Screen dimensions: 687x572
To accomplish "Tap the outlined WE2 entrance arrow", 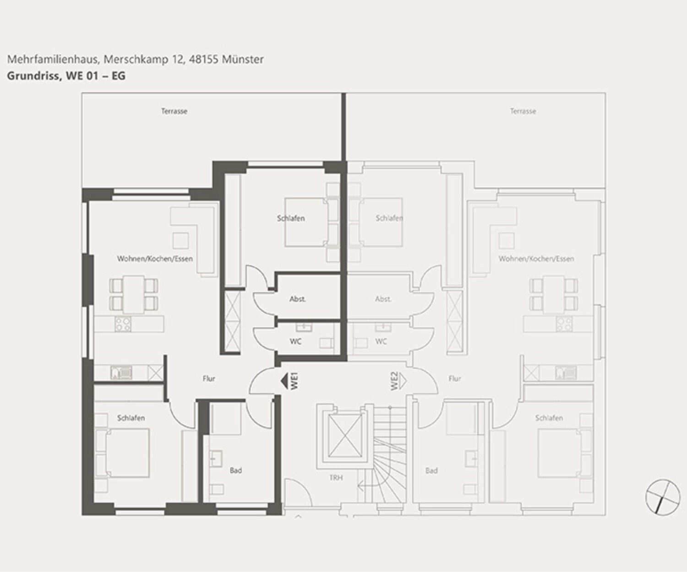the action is point(403,381).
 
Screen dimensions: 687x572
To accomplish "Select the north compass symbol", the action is point(662,496).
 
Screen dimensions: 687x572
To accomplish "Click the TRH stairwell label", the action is point(336,477).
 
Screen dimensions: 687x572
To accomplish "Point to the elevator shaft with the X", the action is point(345,436).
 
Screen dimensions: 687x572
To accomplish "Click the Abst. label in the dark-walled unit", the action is point(297,299).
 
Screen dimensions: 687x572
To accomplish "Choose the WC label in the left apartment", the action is point(295,341).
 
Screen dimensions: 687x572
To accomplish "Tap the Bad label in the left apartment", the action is point(236,470).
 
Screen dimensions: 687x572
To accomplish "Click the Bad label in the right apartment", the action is point(431,470).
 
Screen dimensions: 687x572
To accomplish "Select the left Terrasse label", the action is point(174,111).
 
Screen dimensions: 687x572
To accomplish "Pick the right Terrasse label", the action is point(523,111).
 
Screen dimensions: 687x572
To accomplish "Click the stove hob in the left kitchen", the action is point(123,324).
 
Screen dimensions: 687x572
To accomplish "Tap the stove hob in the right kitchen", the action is point(564,324).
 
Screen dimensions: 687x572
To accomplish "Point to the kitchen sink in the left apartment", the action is point(121,373).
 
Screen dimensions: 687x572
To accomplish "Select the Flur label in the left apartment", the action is point(209,379).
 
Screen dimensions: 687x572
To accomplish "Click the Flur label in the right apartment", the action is point(454,379).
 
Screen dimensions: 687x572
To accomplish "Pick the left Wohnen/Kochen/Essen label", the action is point(155,259).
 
